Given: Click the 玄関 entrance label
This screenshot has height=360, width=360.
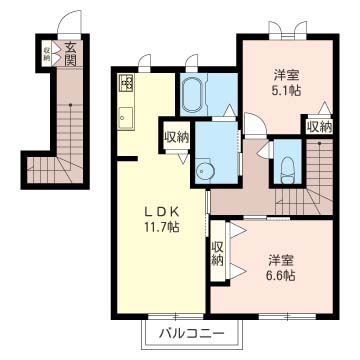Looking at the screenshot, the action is coord(70,53).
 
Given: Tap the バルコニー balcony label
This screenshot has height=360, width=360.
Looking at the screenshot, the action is coord(191,333).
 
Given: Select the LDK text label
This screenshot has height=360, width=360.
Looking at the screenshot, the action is coord(162,211).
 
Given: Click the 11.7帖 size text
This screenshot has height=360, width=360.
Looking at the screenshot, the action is coord(162,227).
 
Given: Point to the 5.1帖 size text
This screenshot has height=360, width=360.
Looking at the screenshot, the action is coord(286,90).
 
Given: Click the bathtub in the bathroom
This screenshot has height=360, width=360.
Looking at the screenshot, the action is coord(193,94).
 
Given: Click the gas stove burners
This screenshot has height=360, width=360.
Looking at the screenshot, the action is coord(126,82).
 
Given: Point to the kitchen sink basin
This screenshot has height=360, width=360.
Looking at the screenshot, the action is coord(126,117).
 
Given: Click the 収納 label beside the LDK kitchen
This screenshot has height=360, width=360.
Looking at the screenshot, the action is coord(177,137).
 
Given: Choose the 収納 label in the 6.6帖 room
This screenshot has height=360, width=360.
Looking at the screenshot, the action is coord(217,252).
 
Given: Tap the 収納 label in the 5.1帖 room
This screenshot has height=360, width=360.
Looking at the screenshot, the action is coord(320,126).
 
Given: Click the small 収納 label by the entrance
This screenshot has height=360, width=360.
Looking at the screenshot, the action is coord(46,54).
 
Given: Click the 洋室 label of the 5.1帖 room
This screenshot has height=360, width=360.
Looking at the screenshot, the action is coord(286,75).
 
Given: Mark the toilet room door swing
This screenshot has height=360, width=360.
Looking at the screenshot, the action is coord(265,149).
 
